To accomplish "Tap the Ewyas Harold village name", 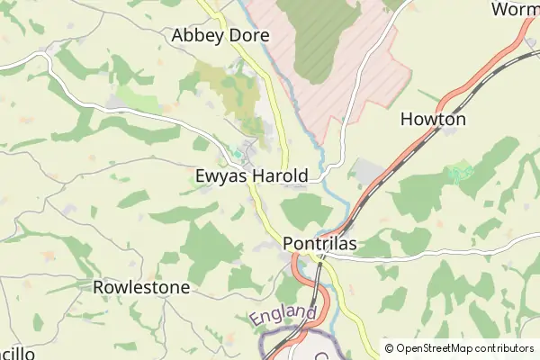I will click(252, 175).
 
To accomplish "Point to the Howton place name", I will click(433, 119).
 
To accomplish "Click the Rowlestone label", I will click(141, 288).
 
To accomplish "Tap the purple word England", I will click(284, 317).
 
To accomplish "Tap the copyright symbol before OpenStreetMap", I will click(389, 348).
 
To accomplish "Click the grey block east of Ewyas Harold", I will click(369, 172).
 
